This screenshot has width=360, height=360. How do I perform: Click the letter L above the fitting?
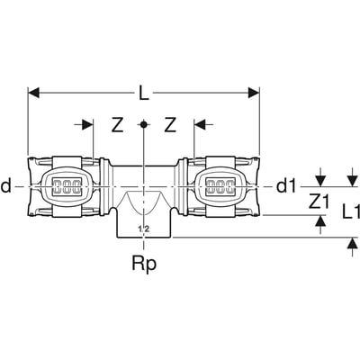click(144, 93)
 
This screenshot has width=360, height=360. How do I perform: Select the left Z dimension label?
click(116, 126)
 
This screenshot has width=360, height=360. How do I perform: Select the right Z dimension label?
click(168, 126)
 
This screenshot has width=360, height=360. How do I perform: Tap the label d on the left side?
click(7, 186)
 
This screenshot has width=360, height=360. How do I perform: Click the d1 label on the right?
click(285, 186)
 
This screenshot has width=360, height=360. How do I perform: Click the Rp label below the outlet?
click(143, 265)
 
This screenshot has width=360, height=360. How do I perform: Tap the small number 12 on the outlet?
click(143, 229)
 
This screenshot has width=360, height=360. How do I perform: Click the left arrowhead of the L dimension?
click(34, 91)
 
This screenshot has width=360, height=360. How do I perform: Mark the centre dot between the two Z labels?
click(143, 125)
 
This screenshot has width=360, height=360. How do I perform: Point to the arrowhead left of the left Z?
click(87, 125)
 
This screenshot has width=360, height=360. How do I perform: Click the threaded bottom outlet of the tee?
click(143, 220)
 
